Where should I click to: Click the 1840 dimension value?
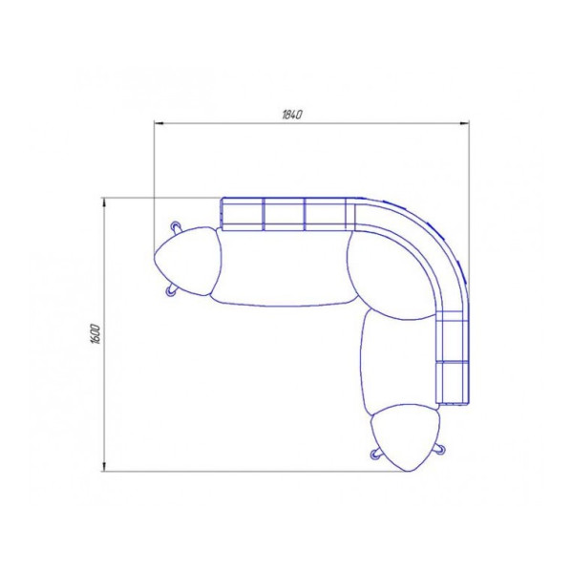click(292, 115)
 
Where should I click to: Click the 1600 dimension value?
click(95, 333)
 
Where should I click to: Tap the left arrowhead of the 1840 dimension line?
click(159, 123)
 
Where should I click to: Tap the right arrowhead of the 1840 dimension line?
click(464, 123)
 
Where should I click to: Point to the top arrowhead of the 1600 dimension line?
click(104, 202)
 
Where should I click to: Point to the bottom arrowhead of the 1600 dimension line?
click(104, 466)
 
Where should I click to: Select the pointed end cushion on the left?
click(188, 261)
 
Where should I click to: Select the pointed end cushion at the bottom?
click(405, 437)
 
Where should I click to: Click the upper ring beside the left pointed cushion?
click(176, 226)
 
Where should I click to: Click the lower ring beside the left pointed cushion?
click(171, 291)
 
